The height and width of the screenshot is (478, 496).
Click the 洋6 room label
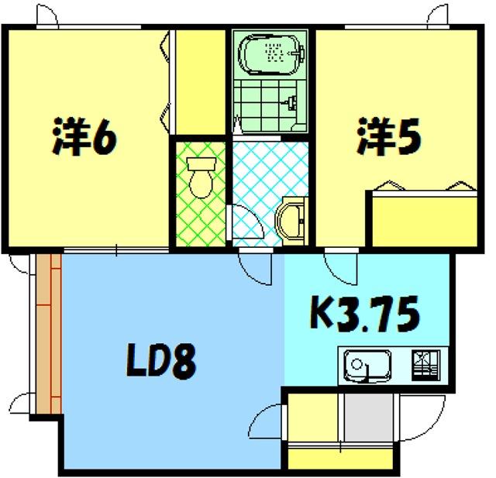pyautogui.click(x=84, y=136)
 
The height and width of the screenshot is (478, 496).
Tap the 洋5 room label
pyautogui.click(x=389, y=136)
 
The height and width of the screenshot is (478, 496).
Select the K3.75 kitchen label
pyautogui.click(x=365, y=314)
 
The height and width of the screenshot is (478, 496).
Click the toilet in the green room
pyautogui.click(x=201, y=177)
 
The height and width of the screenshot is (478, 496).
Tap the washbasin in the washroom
pyautogui.click(x=291, y=221)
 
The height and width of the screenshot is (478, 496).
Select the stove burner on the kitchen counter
pyautogui.click(x=425, y=366)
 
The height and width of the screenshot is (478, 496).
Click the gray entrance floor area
pyautogui.click(x=369, y=418)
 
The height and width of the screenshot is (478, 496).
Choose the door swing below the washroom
pyautogui.click(x=256, y=267)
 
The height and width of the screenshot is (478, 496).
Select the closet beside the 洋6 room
pyautogui.click(x=200, y=82)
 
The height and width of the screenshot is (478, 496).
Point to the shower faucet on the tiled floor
pyautogui.click(x=291, y=102)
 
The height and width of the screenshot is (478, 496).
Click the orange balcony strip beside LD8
pyautogui.click(x=48, y=334)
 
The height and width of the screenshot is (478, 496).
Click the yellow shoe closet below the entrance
pyautogui.click(x=340, y=458)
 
